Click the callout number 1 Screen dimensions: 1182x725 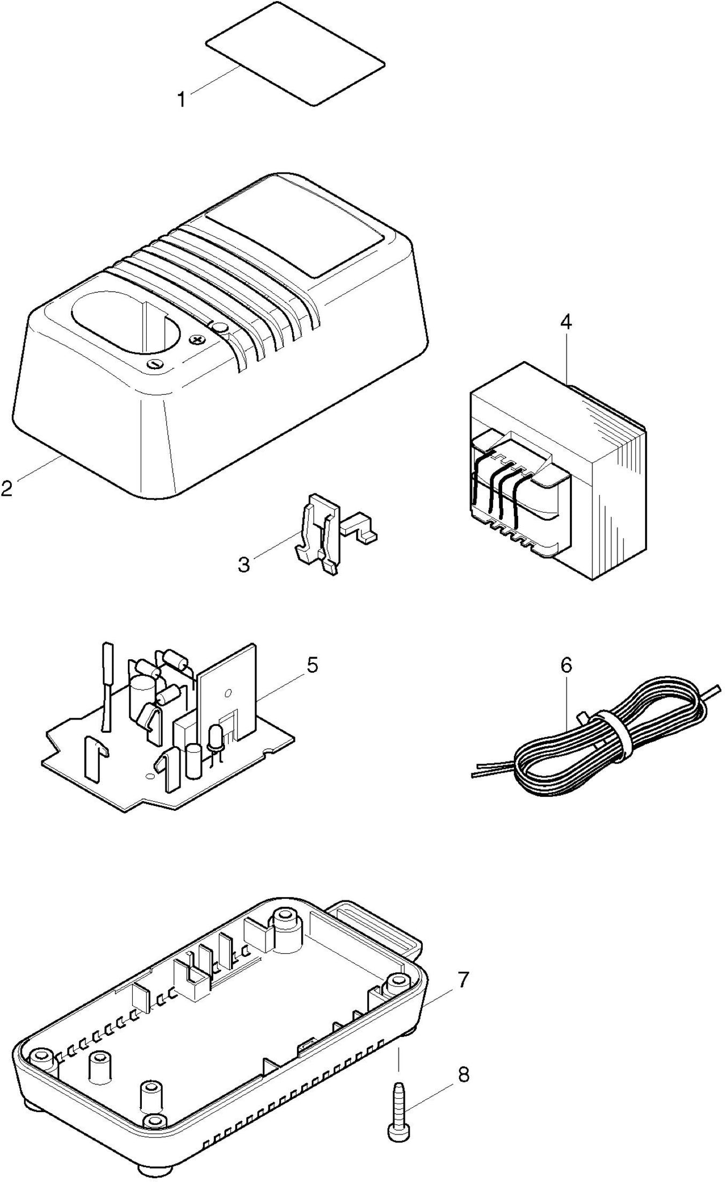pos(182,99)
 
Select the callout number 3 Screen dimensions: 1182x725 pos(244,565)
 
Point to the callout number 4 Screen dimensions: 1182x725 pos(565,322)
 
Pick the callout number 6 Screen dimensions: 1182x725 pos(566,665)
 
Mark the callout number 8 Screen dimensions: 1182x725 pos(462,1060)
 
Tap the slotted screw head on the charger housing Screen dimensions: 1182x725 pos(154,364)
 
